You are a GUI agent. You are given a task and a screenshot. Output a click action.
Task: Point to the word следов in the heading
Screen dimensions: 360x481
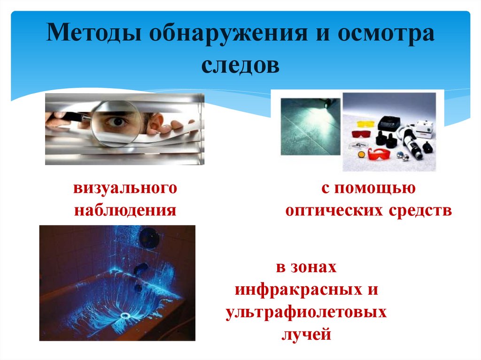pyautogui.click(x=240, y=65)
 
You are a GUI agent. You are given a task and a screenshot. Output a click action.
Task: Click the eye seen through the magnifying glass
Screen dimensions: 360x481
pyautogui.click(x=116, y=122)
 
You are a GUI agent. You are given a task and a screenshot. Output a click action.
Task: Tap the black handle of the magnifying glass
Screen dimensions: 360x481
pyautogui.click(x=71, y=115)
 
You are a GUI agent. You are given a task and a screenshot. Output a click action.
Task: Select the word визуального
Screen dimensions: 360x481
pyautogui.click(x=125, y=189)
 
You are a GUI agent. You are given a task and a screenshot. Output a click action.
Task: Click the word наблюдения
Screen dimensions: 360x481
pyautogui.click(x=125, y=210)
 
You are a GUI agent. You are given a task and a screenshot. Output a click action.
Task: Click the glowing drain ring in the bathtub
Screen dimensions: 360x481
pyautogui.click(x=125, y=315)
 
